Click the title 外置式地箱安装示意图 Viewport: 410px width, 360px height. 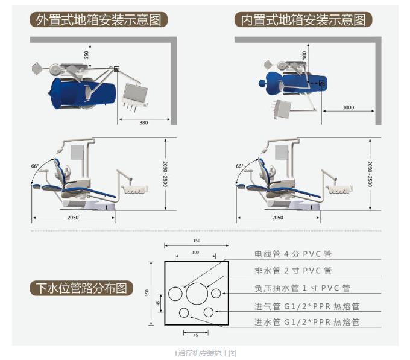(x=98, y=20)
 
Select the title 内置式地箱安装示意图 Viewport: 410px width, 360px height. (x=303, y=20)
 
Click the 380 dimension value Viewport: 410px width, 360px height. (x=143, y=122)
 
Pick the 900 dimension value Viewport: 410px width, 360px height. (x=304, y=55)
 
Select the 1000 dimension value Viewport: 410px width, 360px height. (x=348, y=107)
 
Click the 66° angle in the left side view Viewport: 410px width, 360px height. (x=35, y=166)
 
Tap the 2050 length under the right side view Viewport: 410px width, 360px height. (x=277, y=218)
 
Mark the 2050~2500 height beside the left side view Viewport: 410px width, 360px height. (x=166, y=174)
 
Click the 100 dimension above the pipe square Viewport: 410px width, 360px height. (x=195, y=252)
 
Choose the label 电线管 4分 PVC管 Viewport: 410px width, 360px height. (x=293, y=254)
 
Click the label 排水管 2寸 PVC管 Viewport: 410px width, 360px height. (x=293, y=271)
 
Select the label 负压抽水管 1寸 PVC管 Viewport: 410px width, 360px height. (x=302, y=288)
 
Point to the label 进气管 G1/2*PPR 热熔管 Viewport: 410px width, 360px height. (x=307, y=306)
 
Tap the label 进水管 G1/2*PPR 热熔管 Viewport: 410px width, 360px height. (x=307, y=322)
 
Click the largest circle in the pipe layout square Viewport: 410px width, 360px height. (x=197, y=293)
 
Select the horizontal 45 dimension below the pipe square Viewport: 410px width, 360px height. (x=195, y=336)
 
